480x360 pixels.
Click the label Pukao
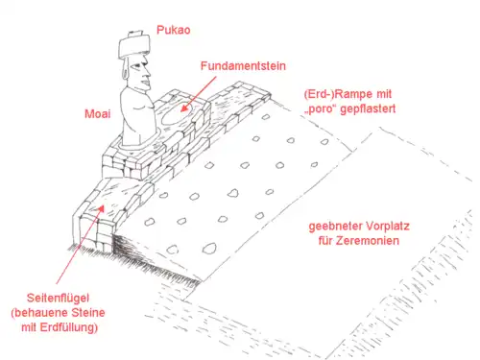click(174, 30)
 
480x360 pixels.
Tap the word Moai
click(98, 113)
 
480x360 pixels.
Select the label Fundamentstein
click(243, 66)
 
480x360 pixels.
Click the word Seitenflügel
click(58, 299)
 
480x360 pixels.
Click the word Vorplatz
click(388, 227)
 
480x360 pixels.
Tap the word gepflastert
click(368, 108)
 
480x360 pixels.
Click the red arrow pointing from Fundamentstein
click(199, 94)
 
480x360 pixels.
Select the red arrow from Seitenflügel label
click(81, 245)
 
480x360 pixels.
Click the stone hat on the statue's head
click(134, 46)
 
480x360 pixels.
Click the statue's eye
click(136, 66)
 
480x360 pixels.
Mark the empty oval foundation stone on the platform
click(177, 114)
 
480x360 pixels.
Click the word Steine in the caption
click(88, 313)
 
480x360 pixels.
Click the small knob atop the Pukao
click(135, 34)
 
